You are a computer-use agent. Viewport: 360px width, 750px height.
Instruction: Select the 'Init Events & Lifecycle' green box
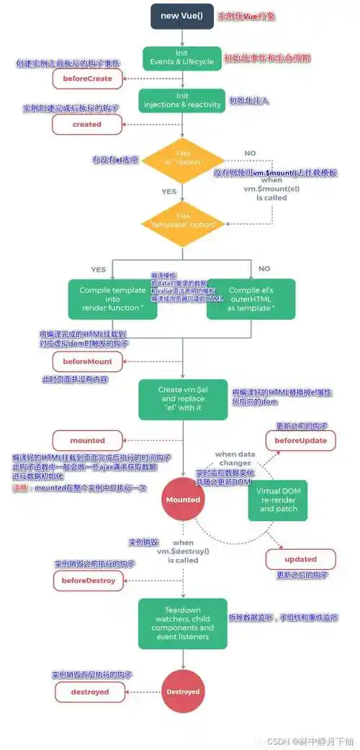(183, 57)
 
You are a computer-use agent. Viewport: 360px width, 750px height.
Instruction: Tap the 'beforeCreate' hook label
(87, 78)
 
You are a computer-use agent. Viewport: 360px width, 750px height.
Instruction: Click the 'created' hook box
(87, 124)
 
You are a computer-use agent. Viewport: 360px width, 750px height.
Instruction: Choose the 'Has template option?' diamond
(183, 220)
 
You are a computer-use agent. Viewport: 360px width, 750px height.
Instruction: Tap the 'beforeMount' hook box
(87, 362)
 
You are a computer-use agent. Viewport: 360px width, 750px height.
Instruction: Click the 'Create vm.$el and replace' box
(183, 399)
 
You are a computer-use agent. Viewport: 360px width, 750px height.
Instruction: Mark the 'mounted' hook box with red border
(87, 440)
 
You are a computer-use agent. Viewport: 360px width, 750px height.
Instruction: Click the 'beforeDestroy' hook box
(87, 581)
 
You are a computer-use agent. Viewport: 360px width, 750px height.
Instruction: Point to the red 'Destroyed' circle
(183, 692)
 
